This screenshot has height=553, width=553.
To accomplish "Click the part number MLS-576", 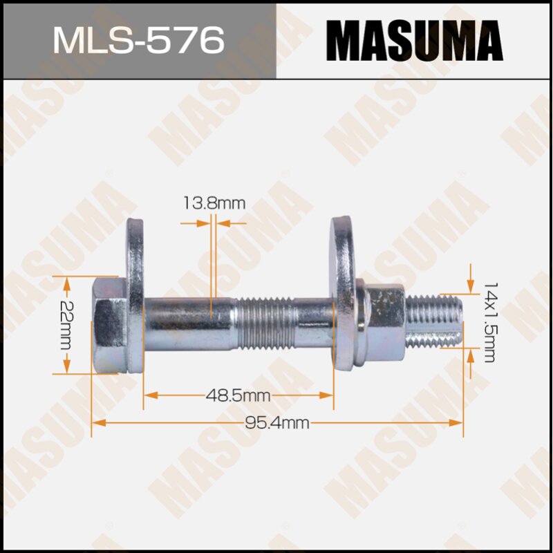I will point(138,40).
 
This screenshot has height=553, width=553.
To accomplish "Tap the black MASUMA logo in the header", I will point(414,40).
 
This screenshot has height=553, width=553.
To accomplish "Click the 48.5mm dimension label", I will point(238,395).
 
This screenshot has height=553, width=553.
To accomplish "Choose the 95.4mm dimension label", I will point(276,423).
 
